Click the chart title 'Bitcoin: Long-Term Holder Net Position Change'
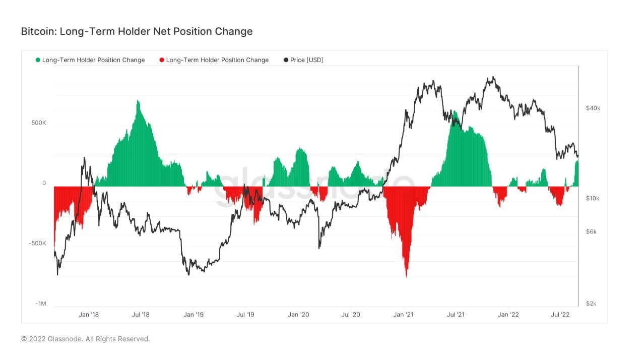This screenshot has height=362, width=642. tap(137, 31)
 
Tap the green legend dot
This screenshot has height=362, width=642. tap(38, 60)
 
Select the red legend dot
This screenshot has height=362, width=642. tap(162, 60)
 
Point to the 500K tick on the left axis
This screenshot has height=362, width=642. tap(39, 123)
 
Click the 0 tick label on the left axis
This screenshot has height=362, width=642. tap(44, 184)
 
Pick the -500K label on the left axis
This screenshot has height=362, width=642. tap(38, 244)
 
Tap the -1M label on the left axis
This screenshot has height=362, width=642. tap(41, 304)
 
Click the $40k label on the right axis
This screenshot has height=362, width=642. tap(593, 108)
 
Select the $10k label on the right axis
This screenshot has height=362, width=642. tap(593, 198)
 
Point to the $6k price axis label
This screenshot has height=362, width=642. tap(592, 232)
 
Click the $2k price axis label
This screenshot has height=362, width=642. tap(592, 304)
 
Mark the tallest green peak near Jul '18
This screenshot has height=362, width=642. tap(138, 102)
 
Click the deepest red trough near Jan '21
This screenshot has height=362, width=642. tap(406, 276)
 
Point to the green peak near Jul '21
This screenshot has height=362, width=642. tap(455, 112)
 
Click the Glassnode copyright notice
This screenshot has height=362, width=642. tap(85, 339)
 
